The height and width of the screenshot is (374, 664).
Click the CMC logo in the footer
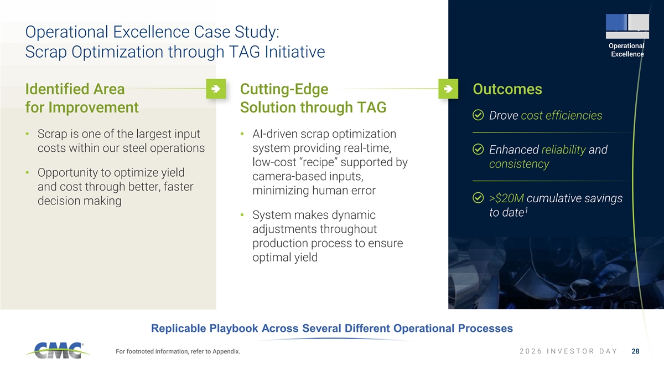tap(58, 351)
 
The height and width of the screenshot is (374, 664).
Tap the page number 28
tap(635, 351)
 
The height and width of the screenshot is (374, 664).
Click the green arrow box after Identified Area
tap(216, 89)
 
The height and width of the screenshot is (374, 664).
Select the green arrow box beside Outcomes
tap(448, 89)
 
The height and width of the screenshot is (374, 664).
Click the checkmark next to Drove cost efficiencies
tap(478, 115)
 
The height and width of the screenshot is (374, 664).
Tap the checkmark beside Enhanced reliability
tap(478, 149)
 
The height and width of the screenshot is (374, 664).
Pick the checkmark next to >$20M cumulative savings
tap(478, 198)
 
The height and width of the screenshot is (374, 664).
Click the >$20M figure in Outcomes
tap(506, 198)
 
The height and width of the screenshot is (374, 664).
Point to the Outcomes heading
tap(507, 89)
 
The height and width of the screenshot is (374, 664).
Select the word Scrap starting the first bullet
tap(53, 135)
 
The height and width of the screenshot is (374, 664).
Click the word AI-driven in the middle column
tap(275, 134)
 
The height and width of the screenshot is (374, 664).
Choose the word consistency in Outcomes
tap(519, 164)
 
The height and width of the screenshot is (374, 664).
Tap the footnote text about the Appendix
tap(178, 351)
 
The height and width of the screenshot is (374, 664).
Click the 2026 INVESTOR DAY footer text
tap(568, 351)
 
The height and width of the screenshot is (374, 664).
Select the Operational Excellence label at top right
tap(627, 50)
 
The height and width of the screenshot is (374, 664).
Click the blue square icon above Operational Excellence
tap(616, 22)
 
